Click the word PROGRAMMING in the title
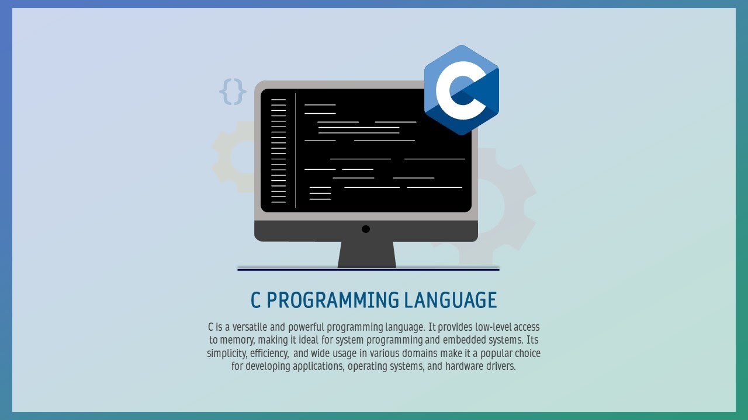(x=333, y=300)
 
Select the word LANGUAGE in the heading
(x=450, y=300)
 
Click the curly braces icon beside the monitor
(x=233, y=92)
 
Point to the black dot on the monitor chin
(x=366, y=229)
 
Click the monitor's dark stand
(x=367, y=254)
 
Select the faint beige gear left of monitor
(x=231, y=156)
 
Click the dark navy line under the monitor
(x=368, y=269)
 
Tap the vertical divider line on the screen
(x=296, y=150)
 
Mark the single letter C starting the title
(x=255, y=300)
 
